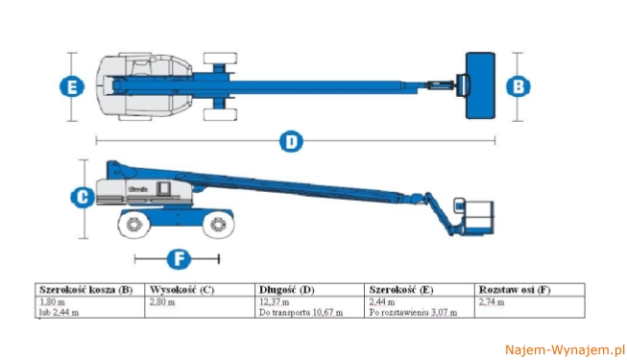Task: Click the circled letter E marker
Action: point(72,86)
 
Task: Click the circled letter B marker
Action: point(518,86)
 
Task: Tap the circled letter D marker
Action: point(291,141)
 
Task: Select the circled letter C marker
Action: point(83,197)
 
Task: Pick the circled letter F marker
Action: point(179,259)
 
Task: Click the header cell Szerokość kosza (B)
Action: point(86,290)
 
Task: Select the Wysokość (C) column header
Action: point(181,290)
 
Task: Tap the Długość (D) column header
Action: point(287,290)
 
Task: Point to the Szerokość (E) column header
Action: point(401,290)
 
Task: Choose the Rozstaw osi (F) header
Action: point(515,290)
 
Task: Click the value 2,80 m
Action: point(162,302)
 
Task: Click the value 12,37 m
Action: point(274,302)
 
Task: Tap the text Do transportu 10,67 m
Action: point(301,312)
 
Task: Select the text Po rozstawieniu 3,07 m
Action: point(413,312)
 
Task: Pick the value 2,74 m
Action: point(492,302)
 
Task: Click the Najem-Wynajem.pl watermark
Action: point(565,350)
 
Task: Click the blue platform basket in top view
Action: point(480,85)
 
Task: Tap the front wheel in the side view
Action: point(218,224)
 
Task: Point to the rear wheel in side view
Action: point(134,225)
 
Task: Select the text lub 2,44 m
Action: point(59,312)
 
